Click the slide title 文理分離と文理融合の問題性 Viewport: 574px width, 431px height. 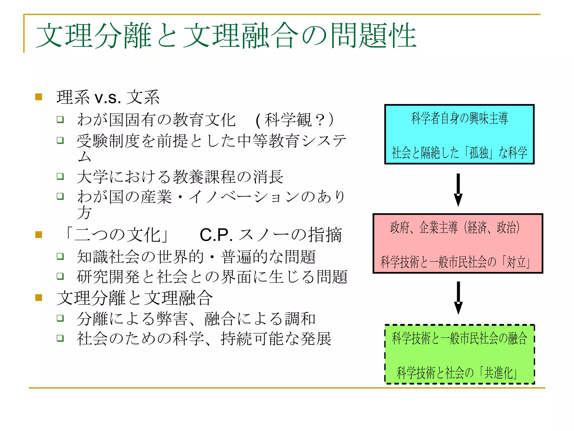226,36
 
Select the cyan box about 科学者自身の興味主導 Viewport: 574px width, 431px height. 459,134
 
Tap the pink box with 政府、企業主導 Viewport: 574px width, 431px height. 457,243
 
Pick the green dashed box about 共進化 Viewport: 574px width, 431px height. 459,354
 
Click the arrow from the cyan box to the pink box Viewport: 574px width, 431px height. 458,190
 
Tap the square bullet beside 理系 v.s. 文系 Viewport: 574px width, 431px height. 39,97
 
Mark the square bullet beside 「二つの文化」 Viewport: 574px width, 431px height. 39,235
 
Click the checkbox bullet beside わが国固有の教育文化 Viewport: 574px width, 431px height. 60,120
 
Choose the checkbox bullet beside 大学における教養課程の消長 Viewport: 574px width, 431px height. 60,176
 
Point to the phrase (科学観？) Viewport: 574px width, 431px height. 294,120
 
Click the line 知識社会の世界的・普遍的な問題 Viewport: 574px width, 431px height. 196,256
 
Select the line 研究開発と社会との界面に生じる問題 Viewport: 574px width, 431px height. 212,277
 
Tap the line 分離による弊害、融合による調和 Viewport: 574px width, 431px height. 196,319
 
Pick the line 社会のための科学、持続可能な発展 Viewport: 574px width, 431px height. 204,339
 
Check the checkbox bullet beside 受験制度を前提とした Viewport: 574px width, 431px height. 60,140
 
